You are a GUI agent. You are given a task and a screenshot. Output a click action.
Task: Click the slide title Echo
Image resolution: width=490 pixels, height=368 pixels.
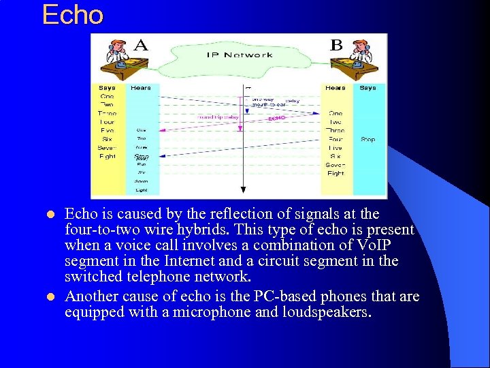72,15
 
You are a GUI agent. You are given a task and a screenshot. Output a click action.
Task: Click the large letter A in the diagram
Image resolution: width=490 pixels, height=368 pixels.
141,46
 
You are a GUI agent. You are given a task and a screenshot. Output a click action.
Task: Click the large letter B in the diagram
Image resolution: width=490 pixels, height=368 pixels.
336,46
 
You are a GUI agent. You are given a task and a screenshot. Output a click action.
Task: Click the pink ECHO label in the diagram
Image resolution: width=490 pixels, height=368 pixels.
276,118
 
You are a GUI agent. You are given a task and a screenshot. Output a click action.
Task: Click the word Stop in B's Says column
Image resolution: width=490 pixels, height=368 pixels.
367,140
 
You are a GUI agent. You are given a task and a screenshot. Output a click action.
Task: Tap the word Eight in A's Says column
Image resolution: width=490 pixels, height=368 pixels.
107,156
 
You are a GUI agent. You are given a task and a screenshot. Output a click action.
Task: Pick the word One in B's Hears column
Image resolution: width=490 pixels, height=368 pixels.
336,113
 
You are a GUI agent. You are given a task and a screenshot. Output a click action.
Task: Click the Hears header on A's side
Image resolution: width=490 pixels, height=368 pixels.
141,88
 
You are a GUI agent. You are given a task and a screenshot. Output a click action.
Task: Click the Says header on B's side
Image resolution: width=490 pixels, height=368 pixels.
367,88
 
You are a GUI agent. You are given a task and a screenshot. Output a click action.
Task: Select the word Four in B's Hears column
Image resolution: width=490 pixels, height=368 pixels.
336,139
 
